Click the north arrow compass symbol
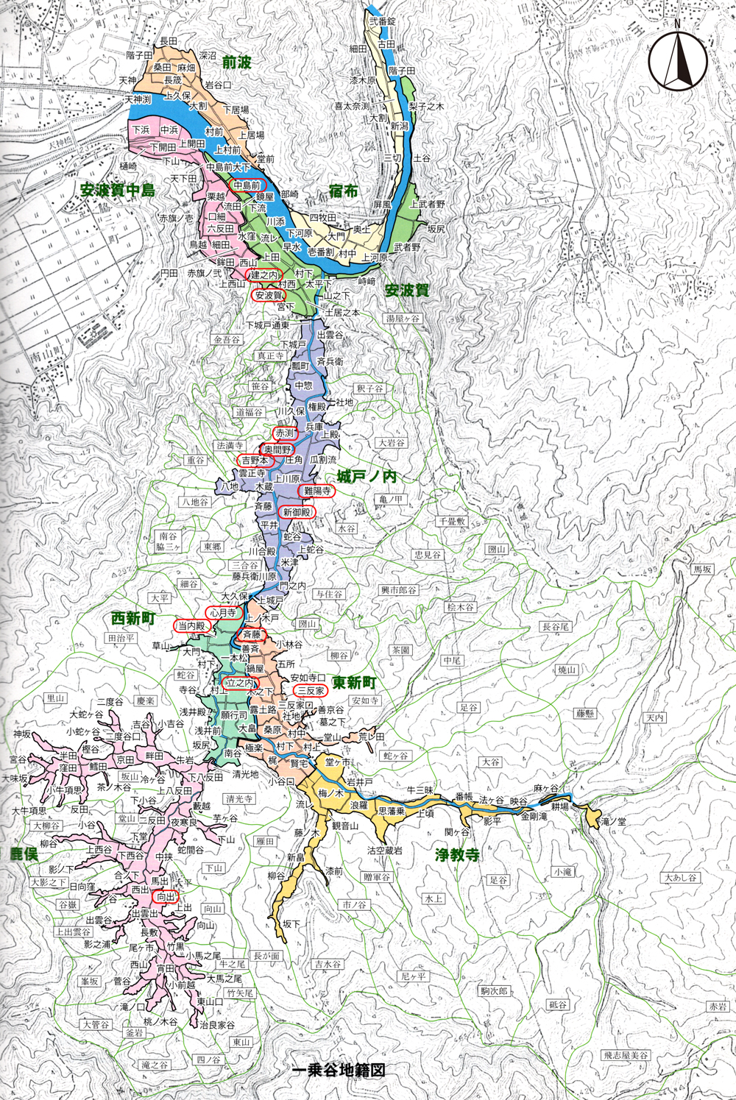point(678,63)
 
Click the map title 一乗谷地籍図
point(339,1071)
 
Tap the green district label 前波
point(236,63)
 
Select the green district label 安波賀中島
point(118,191)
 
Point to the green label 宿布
point(343,191)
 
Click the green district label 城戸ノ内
point(367,477)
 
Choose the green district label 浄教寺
point(457,855)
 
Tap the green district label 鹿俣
point(24,854)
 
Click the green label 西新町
point(132,619)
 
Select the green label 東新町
point(354,683)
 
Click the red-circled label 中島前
point(247,185)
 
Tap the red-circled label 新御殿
point(297,512)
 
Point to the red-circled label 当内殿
point(192,625)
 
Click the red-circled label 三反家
point(311,690)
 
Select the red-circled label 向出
point(166,897)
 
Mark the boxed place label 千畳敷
point(452,521)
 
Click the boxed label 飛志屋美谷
point(626,1055)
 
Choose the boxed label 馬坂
point(703,569)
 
